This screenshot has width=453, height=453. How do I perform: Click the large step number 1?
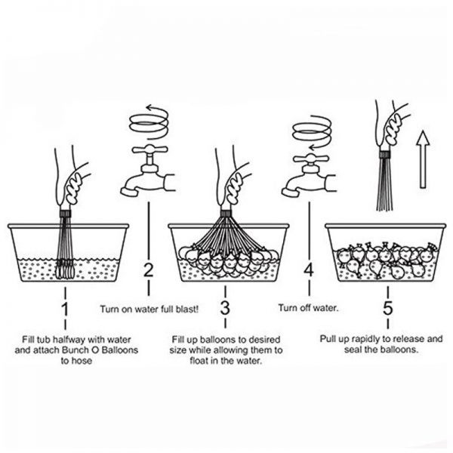click(x=65, y=309)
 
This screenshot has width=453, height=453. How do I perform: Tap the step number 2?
click(x=148, y=270)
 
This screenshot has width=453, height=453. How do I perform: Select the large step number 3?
click(x=225, y=308)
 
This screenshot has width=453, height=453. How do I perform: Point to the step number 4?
click(x=309, y=270)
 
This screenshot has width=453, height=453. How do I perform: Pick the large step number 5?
click(x=388, y=308)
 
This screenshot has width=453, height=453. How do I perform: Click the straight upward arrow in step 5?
click(x=423, y=159)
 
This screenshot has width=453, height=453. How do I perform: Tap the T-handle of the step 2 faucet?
click(x=149, y=149)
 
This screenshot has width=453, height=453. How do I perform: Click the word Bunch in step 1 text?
click(x=75, y=350)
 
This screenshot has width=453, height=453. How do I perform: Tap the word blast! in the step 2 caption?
click(x=187, y=309)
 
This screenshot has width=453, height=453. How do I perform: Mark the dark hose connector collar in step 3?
click(x=226, y=214)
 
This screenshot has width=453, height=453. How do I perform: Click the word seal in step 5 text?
click(x=353, y=350)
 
